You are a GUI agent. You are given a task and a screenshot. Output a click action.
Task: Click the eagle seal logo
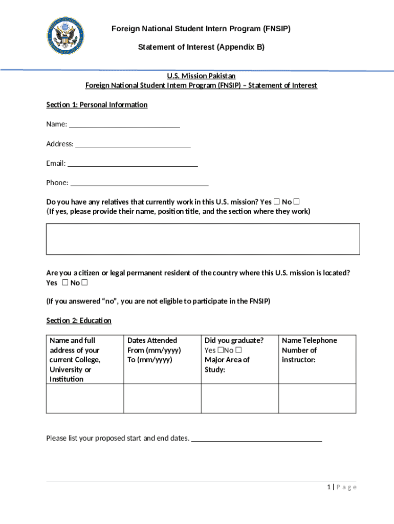point(65,36)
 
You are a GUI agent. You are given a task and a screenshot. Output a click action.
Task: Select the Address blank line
point(133,144)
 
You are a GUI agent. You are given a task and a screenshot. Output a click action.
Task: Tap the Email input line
point(133,163)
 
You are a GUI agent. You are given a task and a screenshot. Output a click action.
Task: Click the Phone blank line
point(139,183)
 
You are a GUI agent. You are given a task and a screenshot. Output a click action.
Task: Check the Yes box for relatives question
point(277,202)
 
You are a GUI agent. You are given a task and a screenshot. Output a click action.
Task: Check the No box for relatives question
point(296,202)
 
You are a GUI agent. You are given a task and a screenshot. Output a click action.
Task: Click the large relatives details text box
point(203,239)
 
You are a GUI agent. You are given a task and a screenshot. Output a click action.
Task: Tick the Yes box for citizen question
point(65,283)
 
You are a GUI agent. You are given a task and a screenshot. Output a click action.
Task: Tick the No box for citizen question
point(84,283)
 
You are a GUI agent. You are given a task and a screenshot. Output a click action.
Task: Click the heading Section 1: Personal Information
point(97,105)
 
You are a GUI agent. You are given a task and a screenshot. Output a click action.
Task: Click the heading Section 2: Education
point(79,320)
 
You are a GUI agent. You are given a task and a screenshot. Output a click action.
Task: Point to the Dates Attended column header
point(152,340)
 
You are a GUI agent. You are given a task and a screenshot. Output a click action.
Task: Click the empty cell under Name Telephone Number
point(317,398)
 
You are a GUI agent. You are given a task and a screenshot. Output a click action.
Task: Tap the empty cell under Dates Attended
point(162,398)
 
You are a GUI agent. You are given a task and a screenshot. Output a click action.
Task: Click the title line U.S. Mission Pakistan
point(201,76)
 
